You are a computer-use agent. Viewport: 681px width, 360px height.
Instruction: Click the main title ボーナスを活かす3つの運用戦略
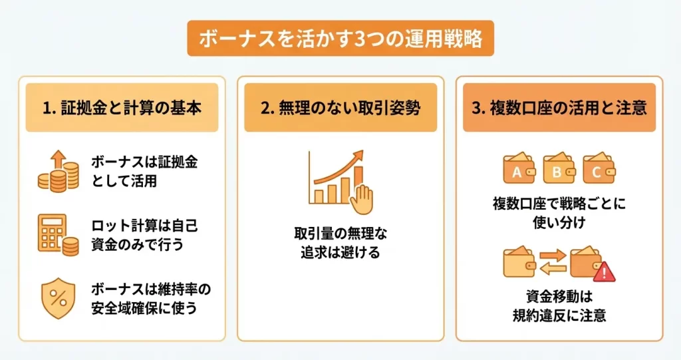coord(340,39)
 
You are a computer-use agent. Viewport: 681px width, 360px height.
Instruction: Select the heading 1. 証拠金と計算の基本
coord(122,108)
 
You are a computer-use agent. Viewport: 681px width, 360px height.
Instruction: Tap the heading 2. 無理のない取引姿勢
coord(340,108)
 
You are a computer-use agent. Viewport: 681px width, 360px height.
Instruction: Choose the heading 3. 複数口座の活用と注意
coord(559,108)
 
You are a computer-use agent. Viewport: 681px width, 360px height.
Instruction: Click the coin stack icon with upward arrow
coord(59,171)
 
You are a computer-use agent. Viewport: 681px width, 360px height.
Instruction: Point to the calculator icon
coord(59,235)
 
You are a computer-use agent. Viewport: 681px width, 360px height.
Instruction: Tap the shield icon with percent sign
coord(59,298)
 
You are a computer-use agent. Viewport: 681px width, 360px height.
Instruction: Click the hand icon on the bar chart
coord(362,199)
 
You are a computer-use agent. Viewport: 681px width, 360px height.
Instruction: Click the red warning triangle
coord(604,273)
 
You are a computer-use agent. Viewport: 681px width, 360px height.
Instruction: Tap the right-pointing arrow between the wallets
coord(553,256)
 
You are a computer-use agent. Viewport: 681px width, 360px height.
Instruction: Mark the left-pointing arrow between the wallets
coord(553,270)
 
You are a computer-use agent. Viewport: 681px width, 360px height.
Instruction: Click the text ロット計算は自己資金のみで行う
coord(144,235)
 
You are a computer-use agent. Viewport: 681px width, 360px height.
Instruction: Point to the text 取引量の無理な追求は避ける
coord(340,243)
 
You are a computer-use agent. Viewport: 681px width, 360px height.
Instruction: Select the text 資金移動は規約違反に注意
coord(559,306)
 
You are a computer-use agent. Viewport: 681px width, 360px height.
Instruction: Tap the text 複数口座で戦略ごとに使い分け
coord(559,213)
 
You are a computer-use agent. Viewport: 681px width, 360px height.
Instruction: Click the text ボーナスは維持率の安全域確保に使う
coord(151,298)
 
